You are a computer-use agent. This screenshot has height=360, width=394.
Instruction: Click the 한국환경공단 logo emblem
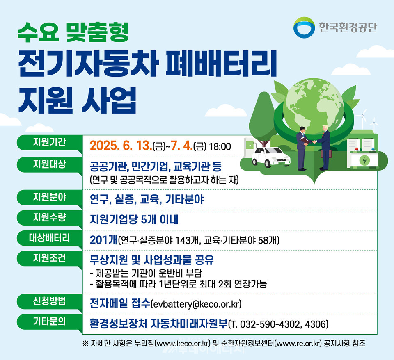pyautogui.click(x=304, y=27)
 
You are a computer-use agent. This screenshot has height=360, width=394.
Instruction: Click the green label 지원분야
pyautogui.click(x=49, y=197)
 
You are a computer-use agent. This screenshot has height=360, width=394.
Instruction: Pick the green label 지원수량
pyautogui.click(x=49, y=217)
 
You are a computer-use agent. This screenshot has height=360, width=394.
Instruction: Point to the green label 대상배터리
pyautogui.click(x=49, y=238)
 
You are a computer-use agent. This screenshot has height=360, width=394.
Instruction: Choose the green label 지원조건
pyautogui.click(x=49, y=258)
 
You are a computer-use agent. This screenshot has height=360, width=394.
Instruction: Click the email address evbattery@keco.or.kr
pyautogui.click(x=196, y=304)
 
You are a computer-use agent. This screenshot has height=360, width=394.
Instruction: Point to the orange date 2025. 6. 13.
pyautogui.click(x=120, y=146)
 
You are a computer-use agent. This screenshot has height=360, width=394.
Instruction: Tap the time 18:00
pyautogui.click(x=220, y=146)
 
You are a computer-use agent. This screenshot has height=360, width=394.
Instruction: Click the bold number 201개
pyautogui.click(x=103, y=240)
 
